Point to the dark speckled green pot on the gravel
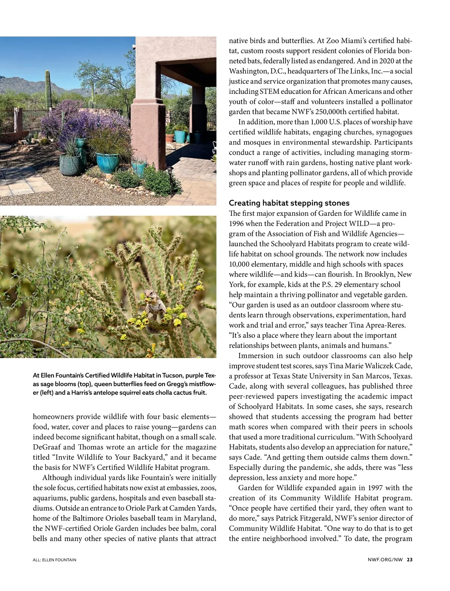click(70, 165)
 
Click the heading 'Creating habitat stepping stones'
click(289, 203)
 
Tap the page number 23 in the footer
click(409, 559)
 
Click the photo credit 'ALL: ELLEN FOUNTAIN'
click(54, 560)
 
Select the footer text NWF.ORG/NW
click(385, 559)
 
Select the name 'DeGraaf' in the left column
click(46, 447)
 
